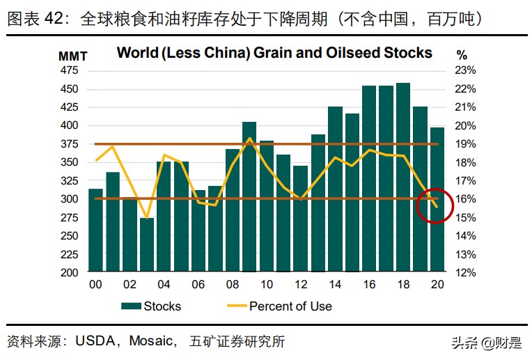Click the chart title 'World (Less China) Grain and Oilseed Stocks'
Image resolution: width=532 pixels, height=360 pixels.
274,53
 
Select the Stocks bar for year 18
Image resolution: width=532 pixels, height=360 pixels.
402,178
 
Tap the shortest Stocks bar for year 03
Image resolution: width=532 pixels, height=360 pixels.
147,244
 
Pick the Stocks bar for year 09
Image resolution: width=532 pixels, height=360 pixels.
249,197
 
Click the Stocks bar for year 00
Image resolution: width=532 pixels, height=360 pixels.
95,230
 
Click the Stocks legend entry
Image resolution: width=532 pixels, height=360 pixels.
151,306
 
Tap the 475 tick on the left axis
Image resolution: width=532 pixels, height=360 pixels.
69,70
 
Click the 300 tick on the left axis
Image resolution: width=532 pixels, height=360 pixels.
69,199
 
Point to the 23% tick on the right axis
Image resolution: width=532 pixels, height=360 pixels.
466,70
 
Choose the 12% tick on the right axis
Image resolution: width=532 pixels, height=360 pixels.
466,273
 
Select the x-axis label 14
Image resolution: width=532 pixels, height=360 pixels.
334,285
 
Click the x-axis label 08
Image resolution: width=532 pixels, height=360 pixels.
232,285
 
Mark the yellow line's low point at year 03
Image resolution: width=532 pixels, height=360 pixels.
147,218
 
